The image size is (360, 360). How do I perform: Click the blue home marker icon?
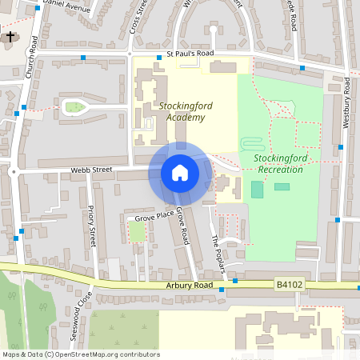tap(180, 173)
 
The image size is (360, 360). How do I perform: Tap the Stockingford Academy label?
tap(182, 112)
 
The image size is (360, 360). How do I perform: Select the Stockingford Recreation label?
tap(278, 163)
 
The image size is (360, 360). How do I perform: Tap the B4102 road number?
tap(290, 284)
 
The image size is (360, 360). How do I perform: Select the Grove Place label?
tap(154, 217)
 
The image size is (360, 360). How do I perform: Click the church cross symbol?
tap(10, 36)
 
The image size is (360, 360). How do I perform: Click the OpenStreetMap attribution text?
tap(81, 354)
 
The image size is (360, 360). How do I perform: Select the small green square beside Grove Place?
tap(138, 232)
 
